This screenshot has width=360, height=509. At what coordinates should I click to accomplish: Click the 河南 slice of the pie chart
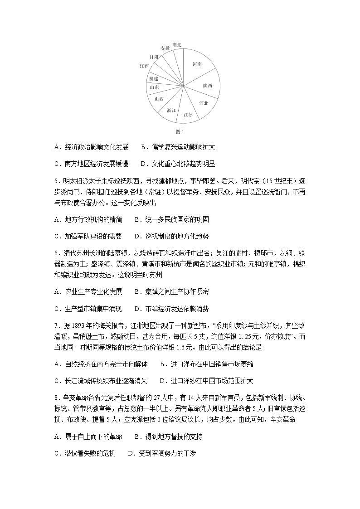coord(198,65)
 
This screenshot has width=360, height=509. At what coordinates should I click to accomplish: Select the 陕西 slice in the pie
coord(208,85)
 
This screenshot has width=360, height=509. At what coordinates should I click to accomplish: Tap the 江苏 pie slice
coord(188,115)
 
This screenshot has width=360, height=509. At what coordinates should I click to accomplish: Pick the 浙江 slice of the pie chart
coord(171,110)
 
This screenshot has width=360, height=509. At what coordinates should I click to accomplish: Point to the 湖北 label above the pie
coord(177,44)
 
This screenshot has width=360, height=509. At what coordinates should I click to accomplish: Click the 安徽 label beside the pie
coord(165,48)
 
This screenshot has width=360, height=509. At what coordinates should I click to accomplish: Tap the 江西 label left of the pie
coord(144,66)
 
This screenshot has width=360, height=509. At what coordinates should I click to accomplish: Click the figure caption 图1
coord(180,132)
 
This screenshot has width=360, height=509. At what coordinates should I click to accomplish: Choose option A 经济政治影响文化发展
coord(91,147)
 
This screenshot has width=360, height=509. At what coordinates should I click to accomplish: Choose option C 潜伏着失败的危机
coord(85,453)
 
